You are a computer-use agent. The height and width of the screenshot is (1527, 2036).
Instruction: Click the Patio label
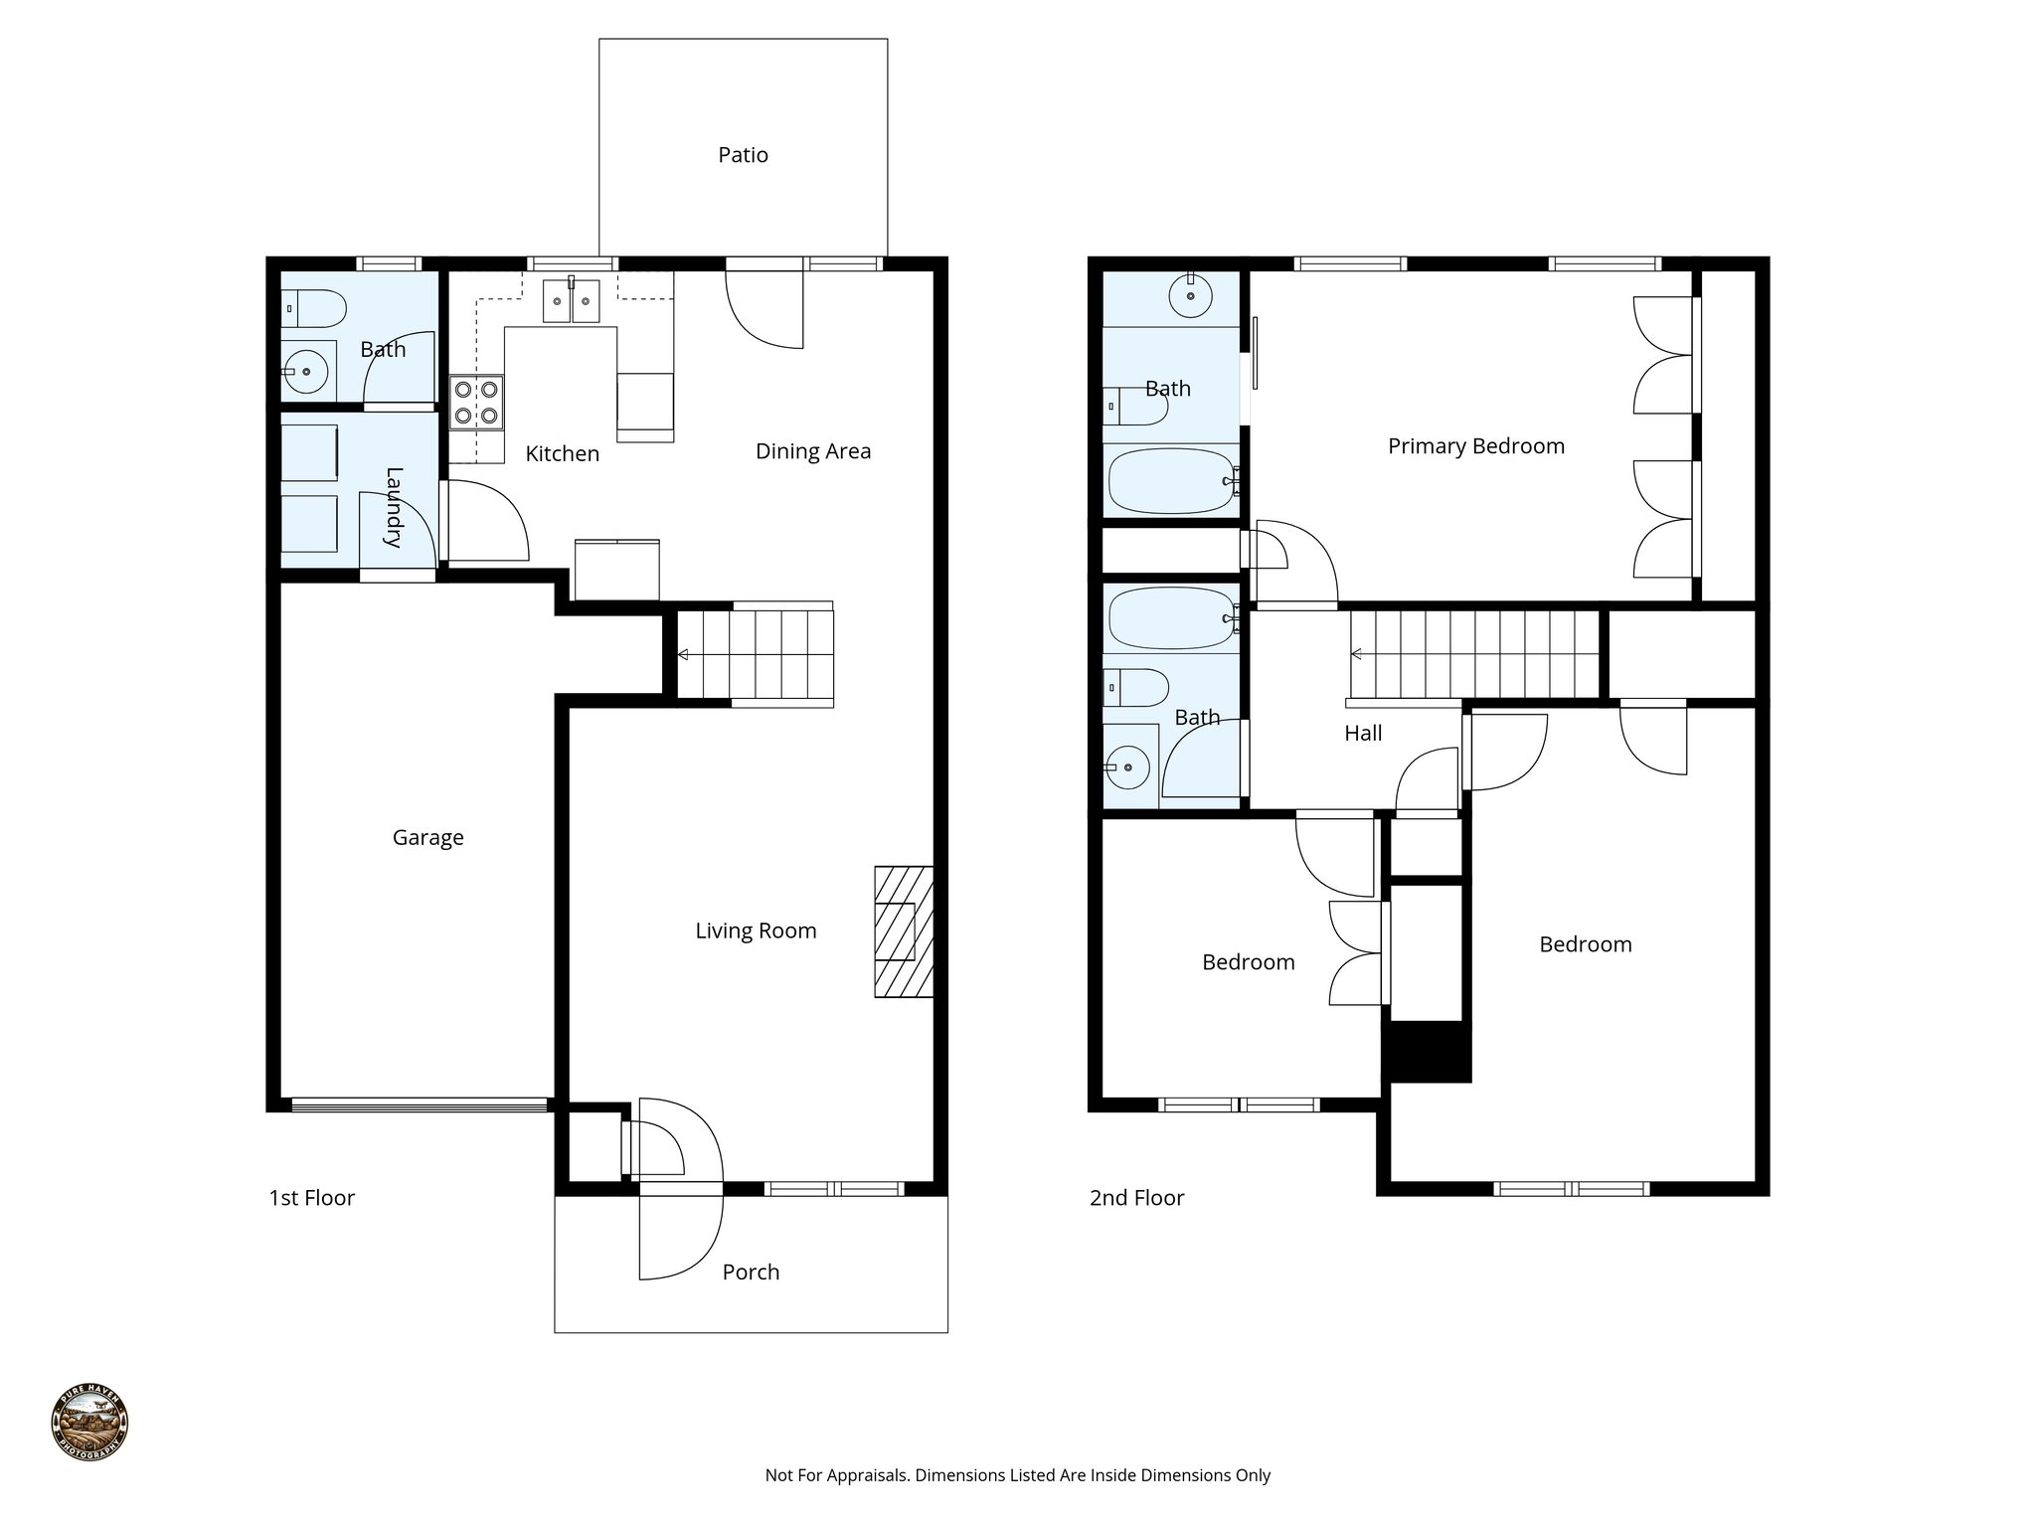point(743,155)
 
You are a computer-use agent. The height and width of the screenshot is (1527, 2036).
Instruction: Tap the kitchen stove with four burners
point(476,402)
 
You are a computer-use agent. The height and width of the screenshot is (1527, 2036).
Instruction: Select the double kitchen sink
point(571,301)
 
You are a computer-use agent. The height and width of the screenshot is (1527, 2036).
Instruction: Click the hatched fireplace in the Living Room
point(903,932)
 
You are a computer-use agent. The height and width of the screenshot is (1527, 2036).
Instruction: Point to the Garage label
point(427,838)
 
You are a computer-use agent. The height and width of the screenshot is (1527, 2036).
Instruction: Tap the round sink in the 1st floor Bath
point(307,371)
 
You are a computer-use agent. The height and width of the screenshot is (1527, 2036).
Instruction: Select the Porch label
point(751,1272)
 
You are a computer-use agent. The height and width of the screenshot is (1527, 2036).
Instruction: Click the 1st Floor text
point(311,1198)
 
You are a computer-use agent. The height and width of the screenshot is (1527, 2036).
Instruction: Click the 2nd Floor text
point(1136,1198)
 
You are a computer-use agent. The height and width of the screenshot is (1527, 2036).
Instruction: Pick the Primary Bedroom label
point(1475,446)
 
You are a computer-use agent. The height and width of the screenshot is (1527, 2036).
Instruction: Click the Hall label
point(1363,734)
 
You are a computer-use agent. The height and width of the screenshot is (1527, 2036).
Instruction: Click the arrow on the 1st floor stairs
point(684,655)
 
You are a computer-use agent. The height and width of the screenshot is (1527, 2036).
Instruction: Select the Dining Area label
point(812,451)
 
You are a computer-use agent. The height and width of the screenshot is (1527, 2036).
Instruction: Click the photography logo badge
point(89,1423)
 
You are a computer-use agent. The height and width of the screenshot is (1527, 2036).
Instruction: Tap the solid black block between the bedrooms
point(1429,1052)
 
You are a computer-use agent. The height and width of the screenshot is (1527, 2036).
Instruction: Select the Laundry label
point(394,507)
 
